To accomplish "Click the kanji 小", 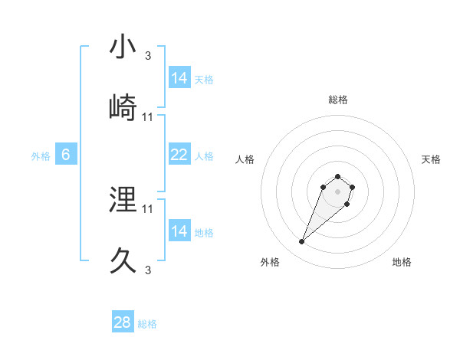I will coord(123,47).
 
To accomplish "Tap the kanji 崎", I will coord(123,107).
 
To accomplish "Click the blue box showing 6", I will coord(66,155).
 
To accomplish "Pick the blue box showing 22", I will coord(179,155).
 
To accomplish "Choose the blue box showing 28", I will coord(123,322).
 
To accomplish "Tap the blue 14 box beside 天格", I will coord(179,78).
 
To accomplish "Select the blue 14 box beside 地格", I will coord(179,231).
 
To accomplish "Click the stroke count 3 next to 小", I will coord(148,56).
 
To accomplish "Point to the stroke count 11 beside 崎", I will coord(148,116).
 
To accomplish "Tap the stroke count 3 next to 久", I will coord(148,270).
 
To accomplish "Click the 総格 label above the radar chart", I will coord(338,100).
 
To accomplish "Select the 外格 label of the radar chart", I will coord(270,262).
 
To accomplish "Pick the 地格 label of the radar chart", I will coord(402,262).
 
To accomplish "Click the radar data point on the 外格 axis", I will coord(302,242).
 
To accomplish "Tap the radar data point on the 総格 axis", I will coord(338,174).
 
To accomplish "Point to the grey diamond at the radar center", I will coord(338,191).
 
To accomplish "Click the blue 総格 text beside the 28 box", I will coord(147,324).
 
